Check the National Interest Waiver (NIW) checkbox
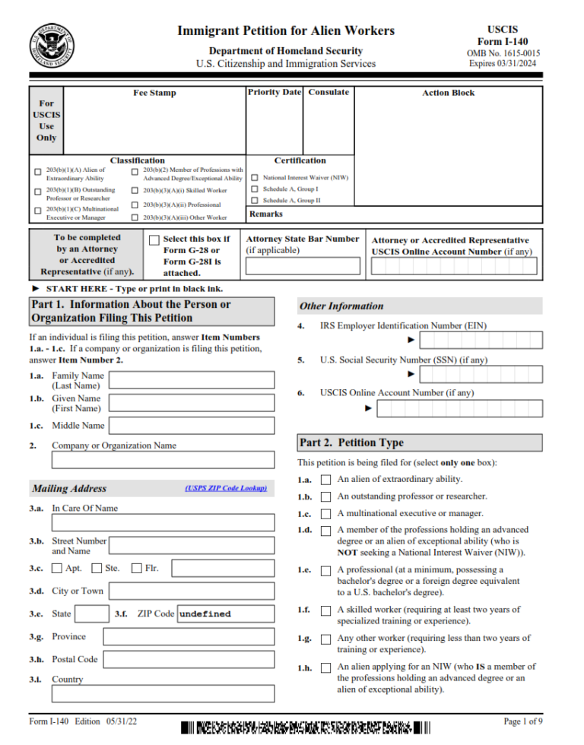(x=255, y=178)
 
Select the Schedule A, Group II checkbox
(x=255, y=201)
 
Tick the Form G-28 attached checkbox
(x=154, y=240)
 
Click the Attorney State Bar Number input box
(x=303, y=266)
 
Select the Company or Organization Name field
(x=163, y=460)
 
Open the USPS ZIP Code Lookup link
(x=225, y=488)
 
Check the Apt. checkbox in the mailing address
(x=57, y=568)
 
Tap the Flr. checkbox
(x=137, y=568)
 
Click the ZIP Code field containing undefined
(x=225, y=613)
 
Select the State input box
(x=93, y=613)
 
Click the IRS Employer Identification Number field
(x=481, y=340)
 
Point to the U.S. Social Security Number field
(x=481, y=374)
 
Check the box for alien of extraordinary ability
(x=326, y=480)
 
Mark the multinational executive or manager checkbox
(x=326, y=514)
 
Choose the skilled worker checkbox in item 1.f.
(x=326, y=610)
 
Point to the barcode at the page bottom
(x=306, y=728)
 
